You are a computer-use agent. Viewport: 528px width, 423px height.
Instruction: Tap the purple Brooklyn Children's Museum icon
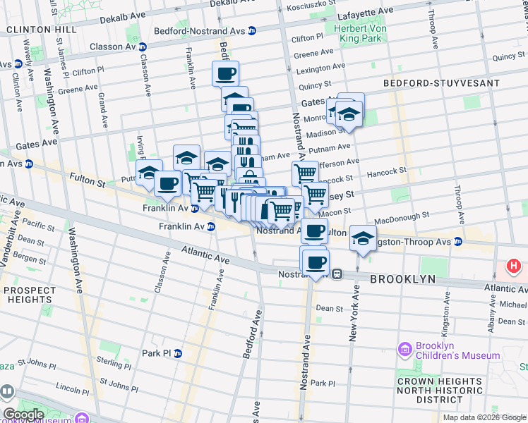404,349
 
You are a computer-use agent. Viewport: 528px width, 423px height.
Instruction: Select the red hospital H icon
515,268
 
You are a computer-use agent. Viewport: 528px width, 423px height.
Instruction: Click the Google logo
24,415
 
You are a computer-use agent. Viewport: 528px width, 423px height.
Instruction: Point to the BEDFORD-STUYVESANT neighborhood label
441,83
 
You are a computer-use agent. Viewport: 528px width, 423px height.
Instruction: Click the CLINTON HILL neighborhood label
38,30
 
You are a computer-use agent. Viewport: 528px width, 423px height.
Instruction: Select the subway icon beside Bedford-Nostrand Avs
252,30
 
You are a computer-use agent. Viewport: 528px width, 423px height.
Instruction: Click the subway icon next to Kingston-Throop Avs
457,242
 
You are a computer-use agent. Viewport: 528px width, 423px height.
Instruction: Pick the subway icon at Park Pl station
178,353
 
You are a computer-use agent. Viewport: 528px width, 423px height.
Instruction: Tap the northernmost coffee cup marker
226,73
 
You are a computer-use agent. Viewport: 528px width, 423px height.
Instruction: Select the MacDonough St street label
402,216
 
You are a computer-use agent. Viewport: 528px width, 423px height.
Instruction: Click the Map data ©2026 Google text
484,417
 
